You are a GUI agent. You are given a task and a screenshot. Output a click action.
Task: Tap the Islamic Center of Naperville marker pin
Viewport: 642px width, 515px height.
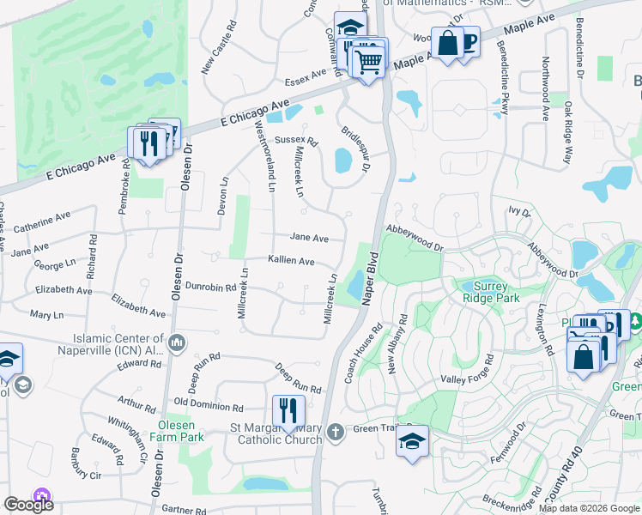point(177,343)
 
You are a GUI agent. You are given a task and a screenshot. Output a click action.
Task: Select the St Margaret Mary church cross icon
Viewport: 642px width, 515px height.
point(336,431)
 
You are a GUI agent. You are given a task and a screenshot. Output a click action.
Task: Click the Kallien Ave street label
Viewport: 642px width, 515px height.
point(291,261)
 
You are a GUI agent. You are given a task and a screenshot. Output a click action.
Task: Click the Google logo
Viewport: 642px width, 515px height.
point(28,505)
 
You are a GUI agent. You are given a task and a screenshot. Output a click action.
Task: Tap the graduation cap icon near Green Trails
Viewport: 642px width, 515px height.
point(412,441)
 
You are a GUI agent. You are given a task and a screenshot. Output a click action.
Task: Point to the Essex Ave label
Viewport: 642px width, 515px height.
point(307,77)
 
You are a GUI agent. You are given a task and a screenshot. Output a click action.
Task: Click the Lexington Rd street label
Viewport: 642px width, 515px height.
point(545,330)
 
